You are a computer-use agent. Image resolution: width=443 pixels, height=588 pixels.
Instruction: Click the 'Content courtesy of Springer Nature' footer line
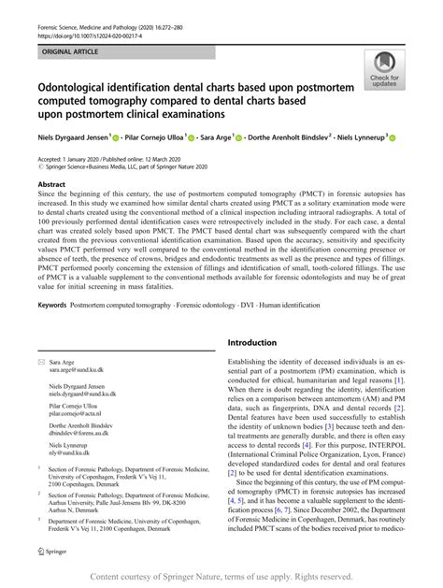click(x=221, y=577)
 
